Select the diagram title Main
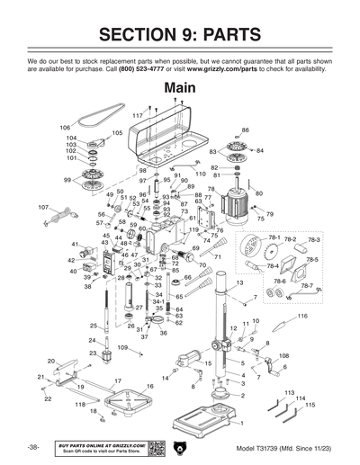pos(180,88)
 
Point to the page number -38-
pos(32,447)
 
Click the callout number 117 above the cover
pos(138,116)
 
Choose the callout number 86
pos(245,130)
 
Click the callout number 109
pos(122,347)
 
